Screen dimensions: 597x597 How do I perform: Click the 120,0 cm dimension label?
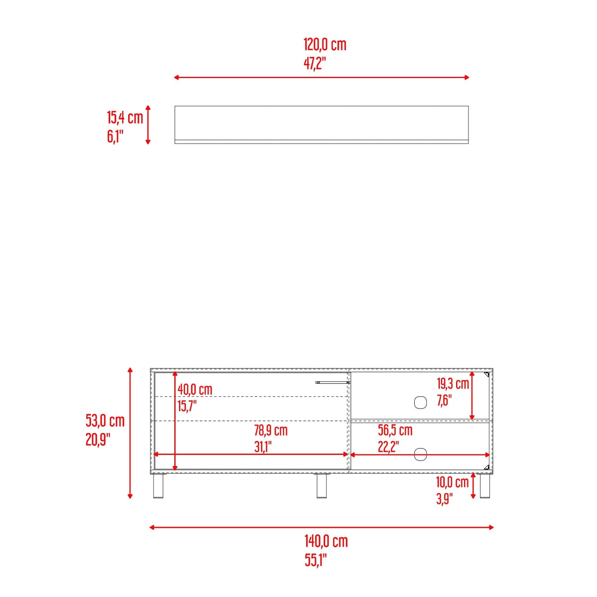(x=325, y=45)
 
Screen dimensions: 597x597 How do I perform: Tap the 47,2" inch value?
(x=315, y=64)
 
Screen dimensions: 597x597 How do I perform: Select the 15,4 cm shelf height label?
(x=125, y=118)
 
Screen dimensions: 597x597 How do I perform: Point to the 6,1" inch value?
(x=115, y=137)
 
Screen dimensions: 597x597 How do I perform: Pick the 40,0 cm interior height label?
(x=195, y=390)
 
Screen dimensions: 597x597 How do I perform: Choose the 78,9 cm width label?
(x=271, y=431)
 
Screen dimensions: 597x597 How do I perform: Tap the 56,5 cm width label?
(x=395, y=431)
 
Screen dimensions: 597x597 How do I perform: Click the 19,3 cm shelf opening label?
(x=453, y=384)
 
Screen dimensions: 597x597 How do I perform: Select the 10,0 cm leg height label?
(x=452, y=483)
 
